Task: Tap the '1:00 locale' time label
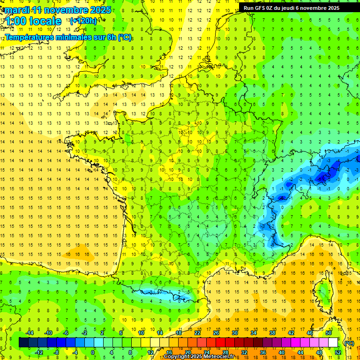[34, 21]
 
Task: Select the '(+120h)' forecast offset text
[83, 21]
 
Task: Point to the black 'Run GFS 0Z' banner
[295, 7]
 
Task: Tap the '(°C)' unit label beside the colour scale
[349, 343]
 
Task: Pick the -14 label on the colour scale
[30, 333]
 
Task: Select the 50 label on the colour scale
[328, 333]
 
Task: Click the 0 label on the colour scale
[93, 352]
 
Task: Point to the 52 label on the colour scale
[337, 352]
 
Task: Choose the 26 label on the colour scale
[216, 333]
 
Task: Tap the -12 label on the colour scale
[39, 352]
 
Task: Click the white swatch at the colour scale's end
[333, 342]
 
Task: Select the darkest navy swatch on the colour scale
[23, 342]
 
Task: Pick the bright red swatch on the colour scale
[220, 342]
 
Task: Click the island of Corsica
[323, 293]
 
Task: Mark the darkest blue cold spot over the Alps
[322, 177]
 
